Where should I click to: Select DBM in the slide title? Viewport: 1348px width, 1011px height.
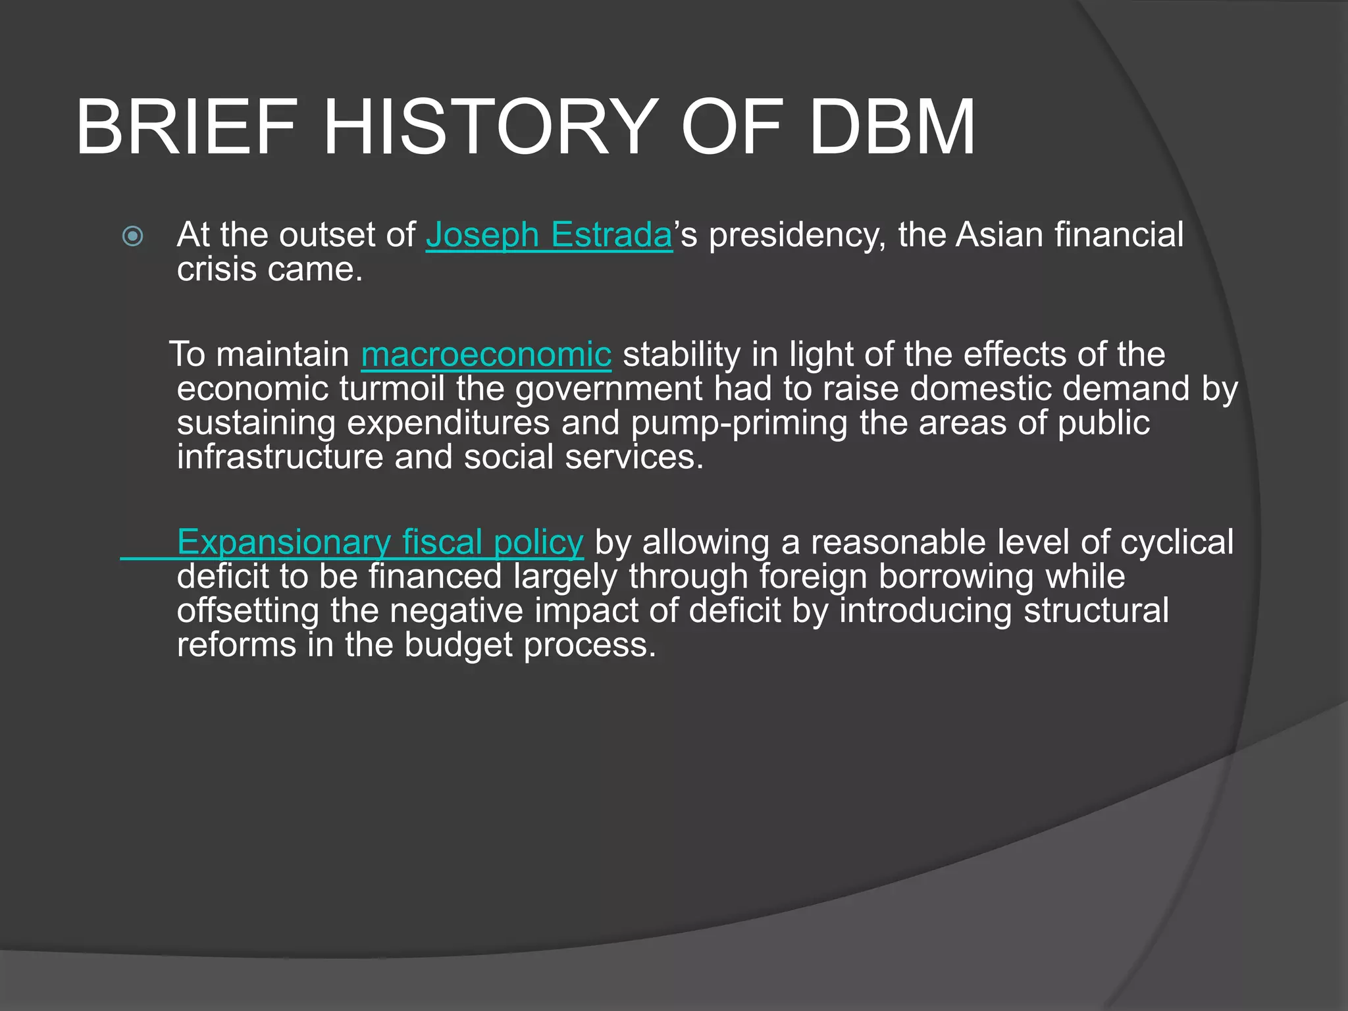coord(892,127)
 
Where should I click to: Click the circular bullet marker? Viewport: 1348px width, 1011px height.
coord(133,236)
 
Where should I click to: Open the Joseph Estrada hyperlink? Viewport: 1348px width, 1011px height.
coord(549,235)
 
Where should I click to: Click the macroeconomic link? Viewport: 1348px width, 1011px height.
coord(486,355)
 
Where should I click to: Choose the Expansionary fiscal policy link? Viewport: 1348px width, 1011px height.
coord(380,542)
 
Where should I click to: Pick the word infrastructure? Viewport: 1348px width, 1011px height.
coord(280,457)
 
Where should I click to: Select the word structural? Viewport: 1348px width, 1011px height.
coord(1096,610)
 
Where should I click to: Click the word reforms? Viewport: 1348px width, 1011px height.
coord(236,644)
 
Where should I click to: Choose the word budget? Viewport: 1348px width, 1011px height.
coord(458,646)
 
